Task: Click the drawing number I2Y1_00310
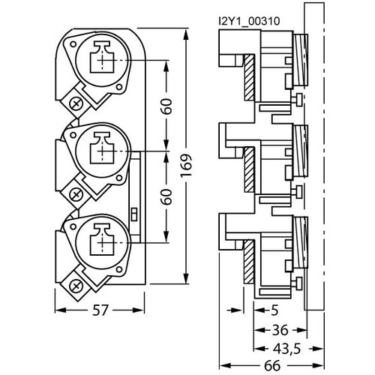[249, 21]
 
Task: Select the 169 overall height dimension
[186, 166]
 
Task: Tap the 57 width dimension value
[100, 310]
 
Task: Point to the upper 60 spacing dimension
[166, 106]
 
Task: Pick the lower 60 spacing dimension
[166, 196]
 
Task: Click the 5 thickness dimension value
[274, 310]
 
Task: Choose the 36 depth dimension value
[280, 330]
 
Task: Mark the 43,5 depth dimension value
[286, 349]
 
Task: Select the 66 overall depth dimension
[272, 366]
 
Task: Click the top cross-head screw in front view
[76, 104]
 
